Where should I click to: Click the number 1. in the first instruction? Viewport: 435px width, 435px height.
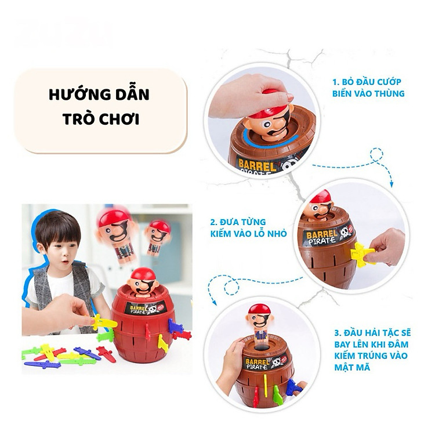click(336, 82)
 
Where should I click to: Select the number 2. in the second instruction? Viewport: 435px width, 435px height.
click(214, 222)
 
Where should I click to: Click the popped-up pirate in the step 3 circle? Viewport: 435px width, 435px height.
click(259, 322)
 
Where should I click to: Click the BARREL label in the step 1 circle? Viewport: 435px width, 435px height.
click(258, 164)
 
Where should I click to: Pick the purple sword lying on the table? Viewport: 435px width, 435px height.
click(42, 364)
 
